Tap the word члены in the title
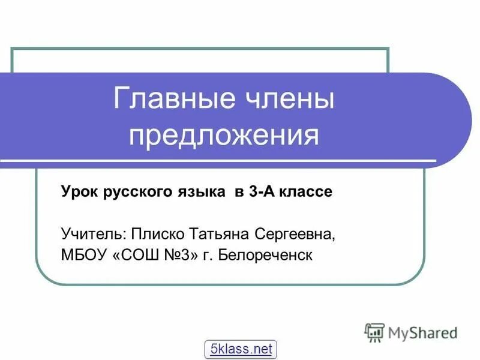(x=284, y=98)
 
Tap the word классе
(x=305, y=192)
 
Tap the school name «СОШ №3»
(x=155, y=255)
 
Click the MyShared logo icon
(x=374, y=332)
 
